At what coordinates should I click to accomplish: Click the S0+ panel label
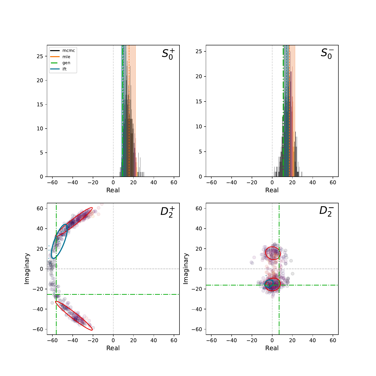tap(168, 54)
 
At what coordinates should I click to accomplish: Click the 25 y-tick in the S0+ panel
tap(40, 56)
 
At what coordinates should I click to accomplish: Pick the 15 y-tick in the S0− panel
tap(199, 102)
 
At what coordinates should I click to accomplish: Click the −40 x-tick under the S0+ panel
tap(73, 182)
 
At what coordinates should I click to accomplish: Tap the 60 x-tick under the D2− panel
tap(333, 340)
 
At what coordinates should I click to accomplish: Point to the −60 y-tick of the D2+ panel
tap(38, 329)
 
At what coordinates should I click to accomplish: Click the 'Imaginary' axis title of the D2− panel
tap(186, 269)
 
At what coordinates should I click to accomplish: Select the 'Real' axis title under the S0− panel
tap(272, 190)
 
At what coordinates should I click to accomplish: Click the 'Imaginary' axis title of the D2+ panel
tap(27, 269)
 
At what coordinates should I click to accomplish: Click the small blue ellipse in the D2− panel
tap(272, 283)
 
